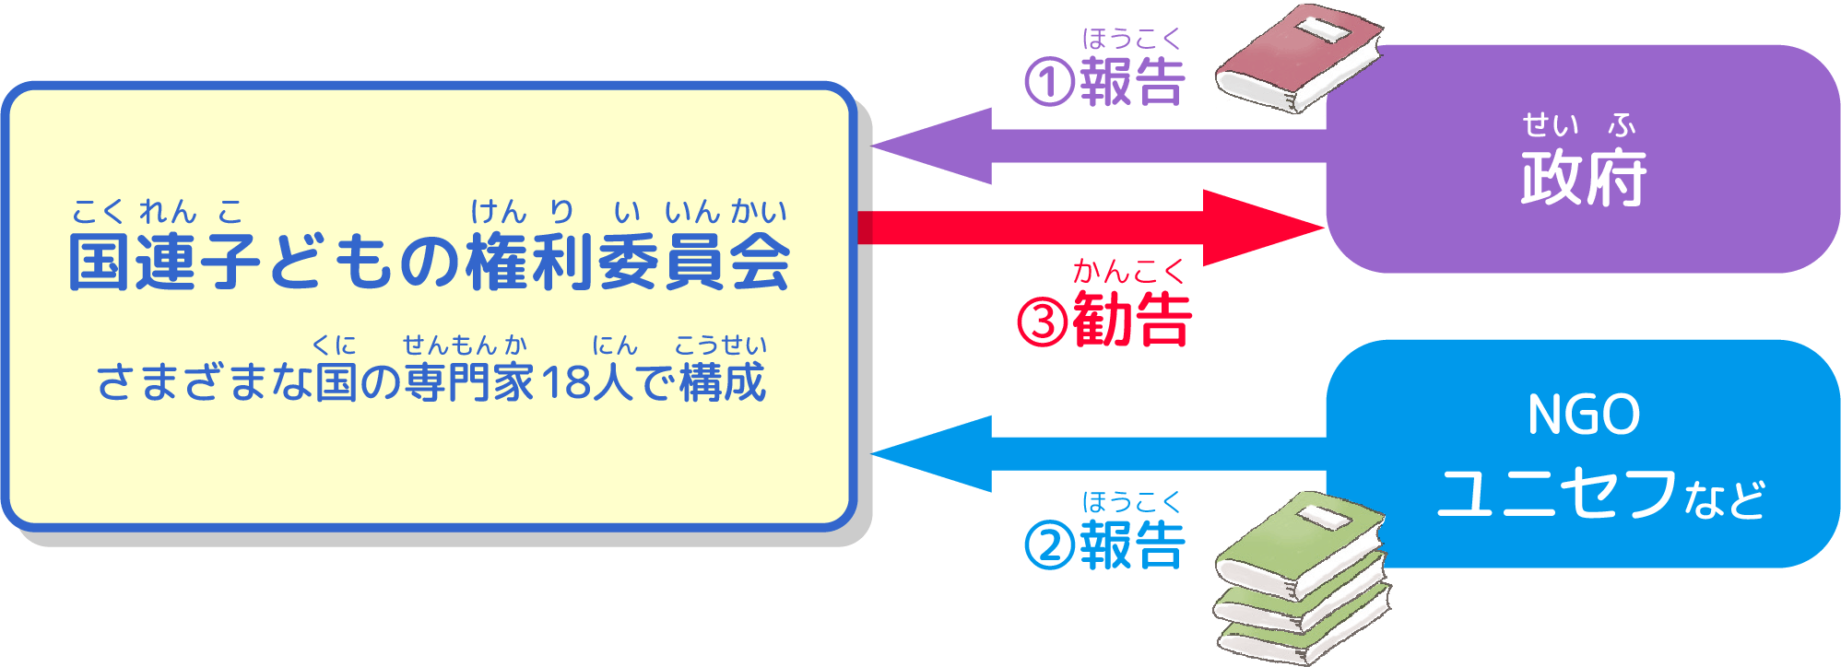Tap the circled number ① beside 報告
[x=1049, y=82]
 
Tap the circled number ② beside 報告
[x=1049, y=545]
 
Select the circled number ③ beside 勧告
[x=1043, y=322]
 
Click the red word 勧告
[x=1133, y=320]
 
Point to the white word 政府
[x=1583, y=178]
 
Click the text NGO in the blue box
[x=1583, y=415]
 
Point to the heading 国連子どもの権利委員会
[x=429, y=263]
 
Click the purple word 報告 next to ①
[x=1132, y=82]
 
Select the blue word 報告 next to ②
[x=1132, y=545]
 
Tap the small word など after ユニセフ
[x=1724, y=500]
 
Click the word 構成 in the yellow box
[x=723, y=382]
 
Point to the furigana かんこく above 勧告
[x=1128, y=272]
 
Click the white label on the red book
[x=1324, y=29]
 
